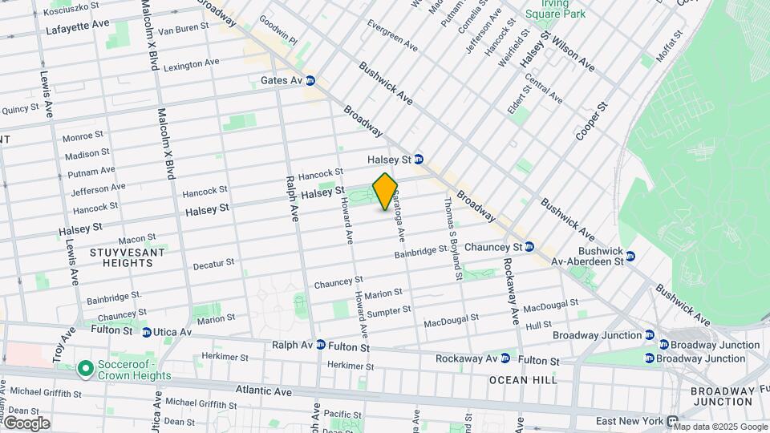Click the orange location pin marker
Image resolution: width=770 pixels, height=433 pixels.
[x=385, y=191]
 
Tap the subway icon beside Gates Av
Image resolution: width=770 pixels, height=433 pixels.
[x=310, y=81]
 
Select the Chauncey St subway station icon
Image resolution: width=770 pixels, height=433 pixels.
[x=529, y=247]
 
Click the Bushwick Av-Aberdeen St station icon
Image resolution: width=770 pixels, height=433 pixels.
[x=630, y=256]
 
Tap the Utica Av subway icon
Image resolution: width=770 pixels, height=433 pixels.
[x=146, y=332]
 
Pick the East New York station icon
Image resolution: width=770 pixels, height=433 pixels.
[x=672, y=421]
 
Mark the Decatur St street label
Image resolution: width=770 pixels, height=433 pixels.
[x=213, y=263]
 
